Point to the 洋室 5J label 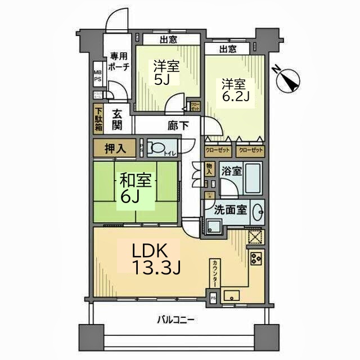(166, 73)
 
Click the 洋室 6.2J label (235, 92)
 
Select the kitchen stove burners (256, 258)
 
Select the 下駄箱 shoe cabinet (98, 119)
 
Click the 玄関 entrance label (117, 119)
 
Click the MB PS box (97, 76)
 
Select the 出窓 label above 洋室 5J (167, 39)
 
